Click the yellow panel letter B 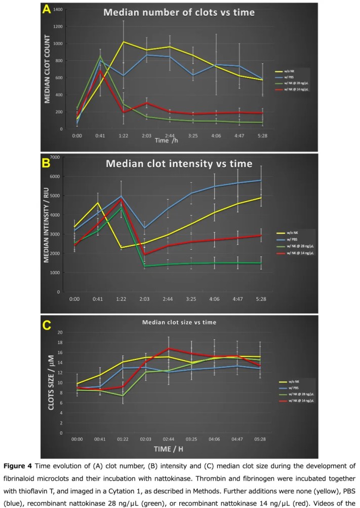point(46,163)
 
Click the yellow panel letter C point(46,326)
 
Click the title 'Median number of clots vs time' point(179,13)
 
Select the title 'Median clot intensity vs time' point(179,164)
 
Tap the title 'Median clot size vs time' point(179,322)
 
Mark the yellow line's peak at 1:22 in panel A point(123,42)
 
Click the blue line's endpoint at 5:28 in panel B point(261,180)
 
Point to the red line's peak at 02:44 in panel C point(169,348)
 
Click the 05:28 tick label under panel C point(261,439)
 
